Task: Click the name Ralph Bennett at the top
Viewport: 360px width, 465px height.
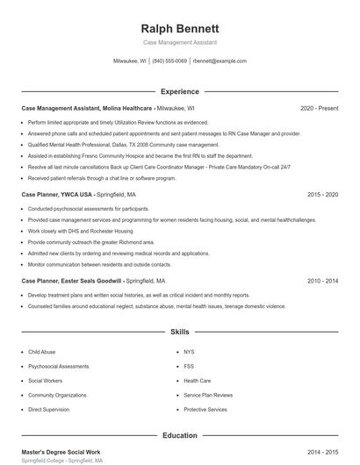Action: (179, 28)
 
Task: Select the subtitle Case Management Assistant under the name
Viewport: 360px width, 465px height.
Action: (179, 43)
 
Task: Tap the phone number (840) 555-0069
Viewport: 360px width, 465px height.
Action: (169, 61)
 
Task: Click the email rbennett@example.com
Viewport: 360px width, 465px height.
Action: (220, 61)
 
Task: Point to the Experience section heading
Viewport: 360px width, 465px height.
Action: (179, 91)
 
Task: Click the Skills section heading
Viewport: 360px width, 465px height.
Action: (179, 333)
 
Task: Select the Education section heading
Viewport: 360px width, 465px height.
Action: (179, 435)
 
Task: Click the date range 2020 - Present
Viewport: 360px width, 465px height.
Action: (319, 108)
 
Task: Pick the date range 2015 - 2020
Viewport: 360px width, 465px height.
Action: (322, 194)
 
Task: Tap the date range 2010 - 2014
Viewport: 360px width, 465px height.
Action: (322, 281)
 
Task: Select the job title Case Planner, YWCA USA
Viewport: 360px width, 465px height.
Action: (57, 194)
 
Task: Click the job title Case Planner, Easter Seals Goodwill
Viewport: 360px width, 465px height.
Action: (72, 281)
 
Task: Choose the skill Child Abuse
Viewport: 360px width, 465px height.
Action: (41, 352)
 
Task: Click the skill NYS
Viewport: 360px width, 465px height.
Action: (189, 352)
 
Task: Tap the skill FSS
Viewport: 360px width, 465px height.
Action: (189, 366)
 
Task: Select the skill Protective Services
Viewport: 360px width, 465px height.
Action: (205, 410)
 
